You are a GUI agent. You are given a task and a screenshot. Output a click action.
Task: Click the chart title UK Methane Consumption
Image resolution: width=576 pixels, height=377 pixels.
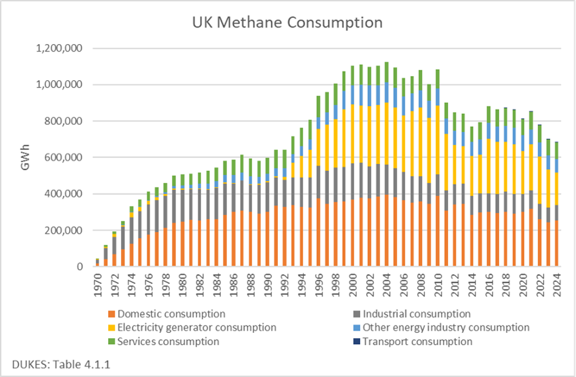288,23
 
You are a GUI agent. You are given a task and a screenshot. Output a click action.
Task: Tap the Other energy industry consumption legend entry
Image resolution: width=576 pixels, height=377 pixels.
446,328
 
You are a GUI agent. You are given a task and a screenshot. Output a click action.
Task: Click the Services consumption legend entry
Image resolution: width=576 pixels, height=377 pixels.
168,341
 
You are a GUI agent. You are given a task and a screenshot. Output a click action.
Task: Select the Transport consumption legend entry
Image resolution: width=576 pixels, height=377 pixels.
417,341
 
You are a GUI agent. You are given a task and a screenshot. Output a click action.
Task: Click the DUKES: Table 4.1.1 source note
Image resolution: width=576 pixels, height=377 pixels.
53,364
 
